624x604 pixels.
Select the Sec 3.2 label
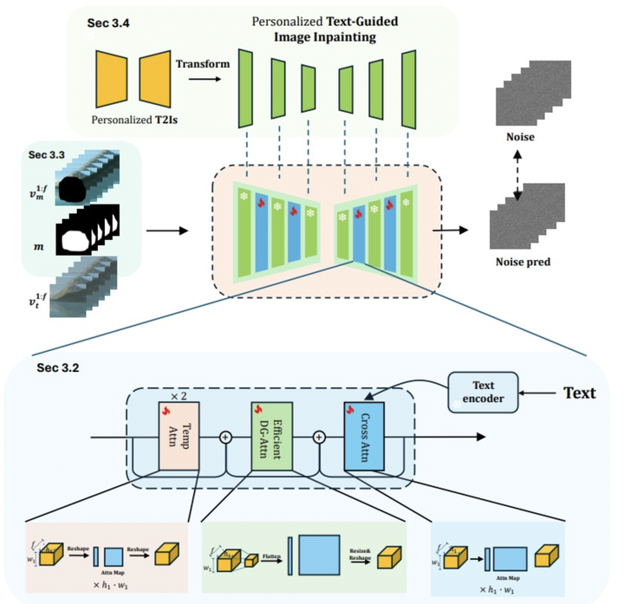coord(59,367)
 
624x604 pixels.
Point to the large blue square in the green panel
coord(321,554)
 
